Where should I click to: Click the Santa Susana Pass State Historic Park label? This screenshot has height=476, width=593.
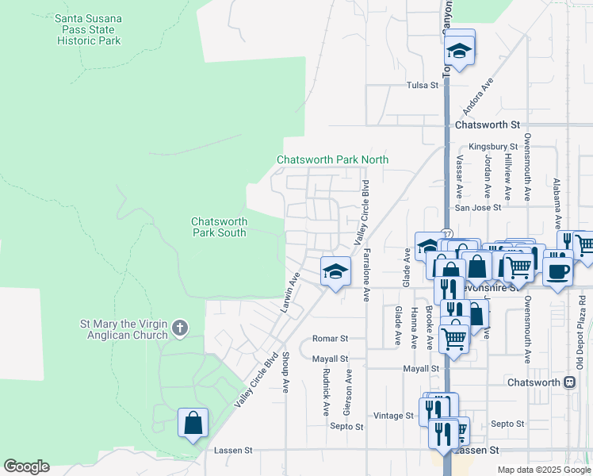[x=88, y=29]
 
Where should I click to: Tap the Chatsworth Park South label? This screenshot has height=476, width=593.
[x=220, y=227]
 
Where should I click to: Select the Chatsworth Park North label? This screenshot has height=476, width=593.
[x=332, y=159]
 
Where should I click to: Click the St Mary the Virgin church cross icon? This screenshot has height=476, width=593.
[x=180, y=327]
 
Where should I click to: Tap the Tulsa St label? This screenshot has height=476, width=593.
[x=423, y=85]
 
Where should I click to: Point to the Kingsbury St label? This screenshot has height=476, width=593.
[x=492, y=147]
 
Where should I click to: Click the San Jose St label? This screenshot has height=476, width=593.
[x=477, y=207]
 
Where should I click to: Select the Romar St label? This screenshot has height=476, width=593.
[x=330, y=339]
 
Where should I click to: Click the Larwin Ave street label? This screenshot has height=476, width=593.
[x=291, y=292]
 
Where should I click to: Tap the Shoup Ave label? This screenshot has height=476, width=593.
[x=285, y=372]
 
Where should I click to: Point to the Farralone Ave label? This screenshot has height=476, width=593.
[x=366, y=274]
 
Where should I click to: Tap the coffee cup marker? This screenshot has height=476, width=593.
[x=557, y=271]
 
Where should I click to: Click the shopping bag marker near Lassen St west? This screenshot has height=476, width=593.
[x=193, y=424]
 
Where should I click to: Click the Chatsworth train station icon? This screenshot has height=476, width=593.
[x=569, y=382]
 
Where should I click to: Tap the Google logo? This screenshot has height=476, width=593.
[x=26, y=466]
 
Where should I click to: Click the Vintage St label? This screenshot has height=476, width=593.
[x=394, y=415]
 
